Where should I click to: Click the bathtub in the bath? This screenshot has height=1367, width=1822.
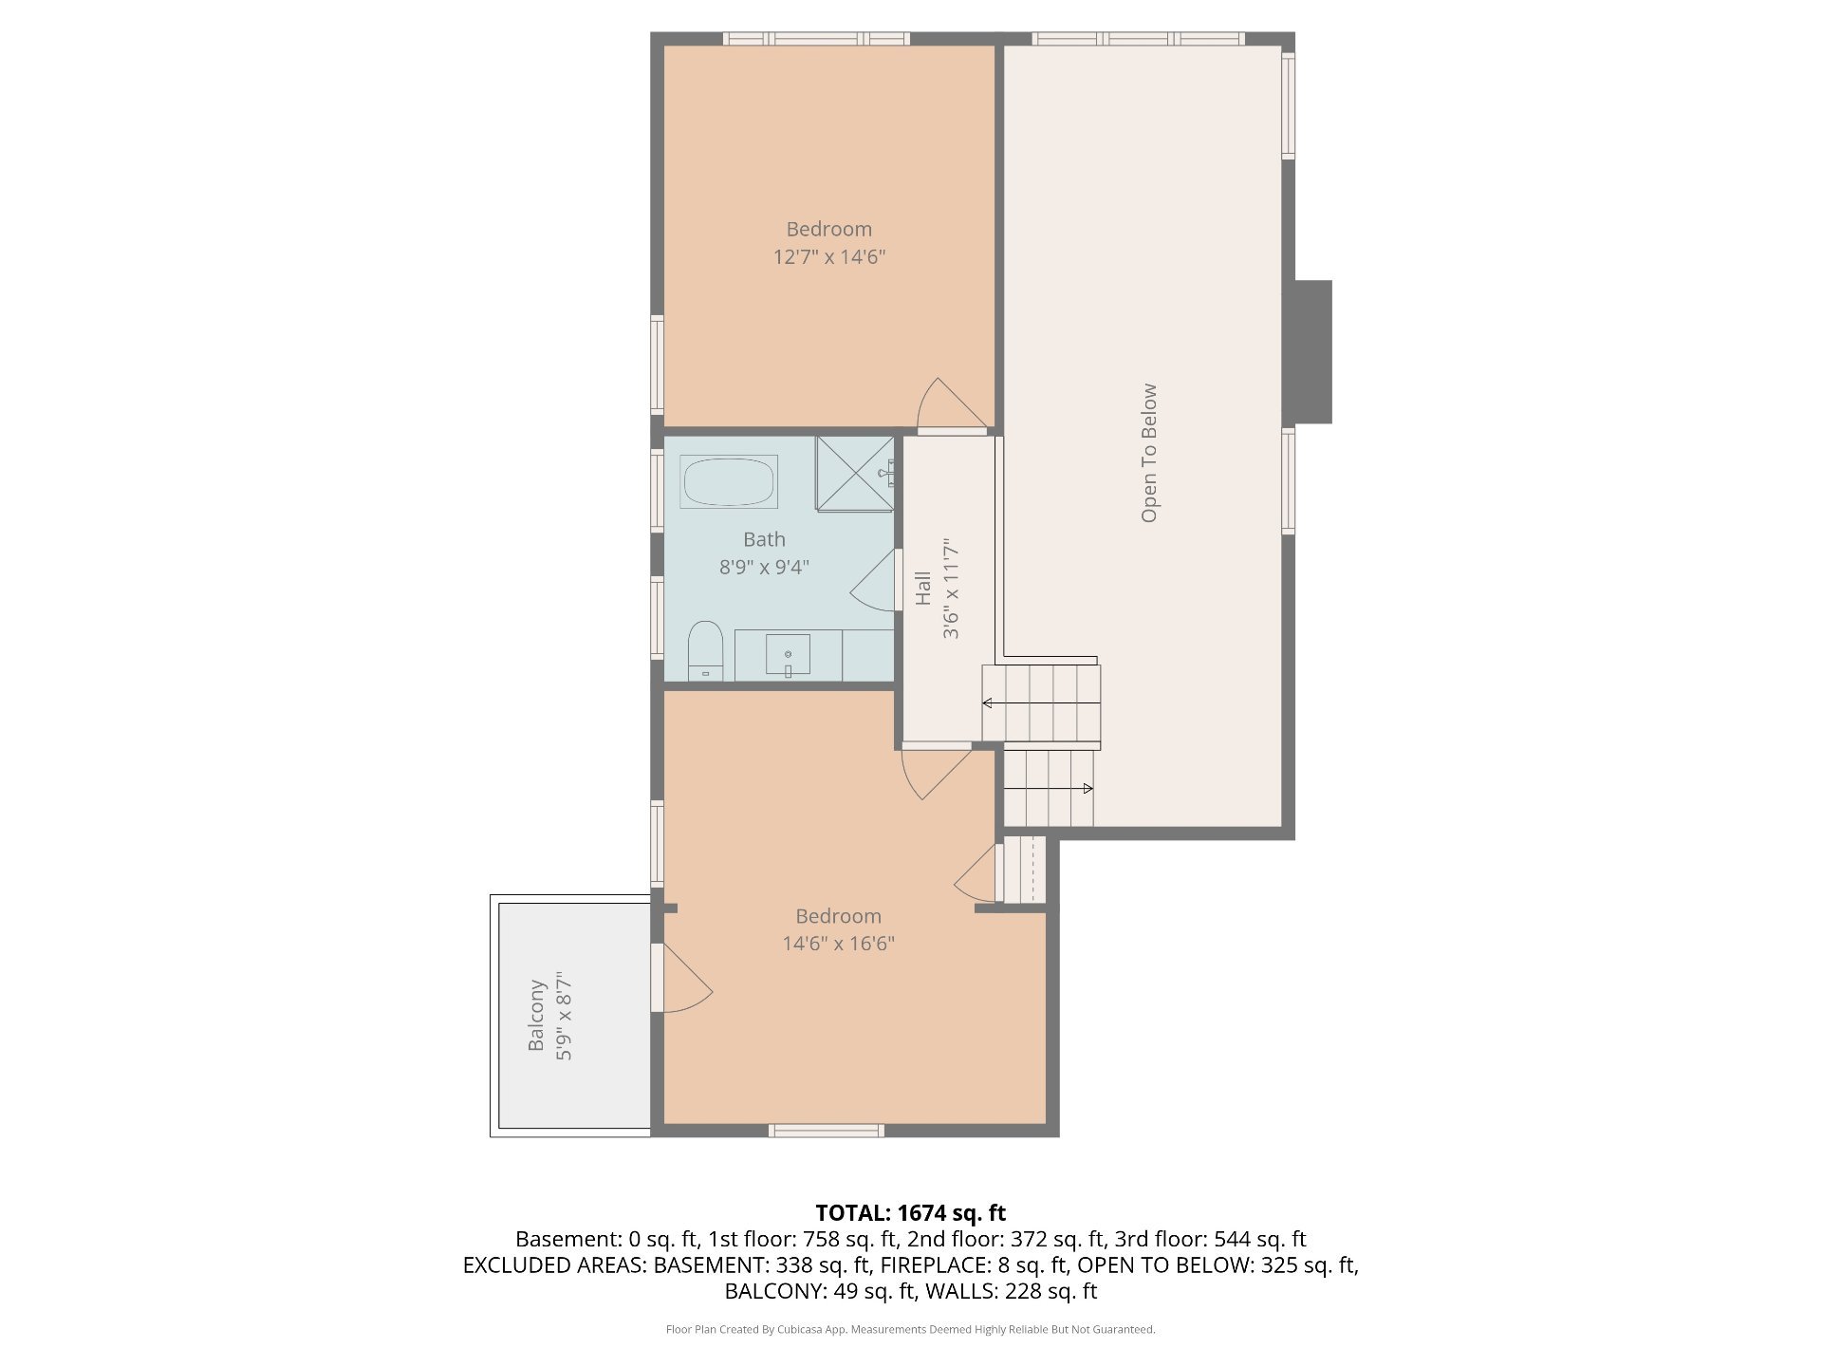coord(729,481)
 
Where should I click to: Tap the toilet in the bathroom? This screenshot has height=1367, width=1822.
coord(705,651)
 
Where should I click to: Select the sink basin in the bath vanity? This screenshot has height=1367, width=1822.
coord(788,654)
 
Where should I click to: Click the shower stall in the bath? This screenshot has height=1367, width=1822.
coord(855,474)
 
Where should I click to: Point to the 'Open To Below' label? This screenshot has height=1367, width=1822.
coord(1149,453)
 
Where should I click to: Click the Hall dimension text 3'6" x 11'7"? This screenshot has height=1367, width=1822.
coord(951,589)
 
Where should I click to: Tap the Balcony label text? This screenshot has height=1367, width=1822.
coord(536,1015)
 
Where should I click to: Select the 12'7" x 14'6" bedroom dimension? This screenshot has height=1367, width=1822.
coord(829,256)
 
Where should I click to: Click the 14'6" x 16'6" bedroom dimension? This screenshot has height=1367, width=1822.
coord(839,944)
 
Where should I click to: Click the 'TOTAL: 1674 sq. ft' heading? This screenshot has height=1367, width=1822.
coord(911,1212)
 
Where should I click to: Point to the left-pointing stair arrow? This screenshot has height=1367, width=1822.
coord(1041,703)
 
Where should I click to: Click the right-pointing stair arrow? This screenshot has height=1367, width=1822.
coord(1049,789)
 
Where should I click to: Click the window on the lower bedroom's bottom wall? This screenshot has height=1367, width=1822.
coord(827,1131)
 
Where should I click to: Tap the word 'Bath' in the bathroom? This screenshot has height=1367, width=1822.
coord(764,539)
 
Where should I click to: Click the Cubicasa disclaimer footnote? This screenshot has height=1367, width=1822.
coord(911,1330)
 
